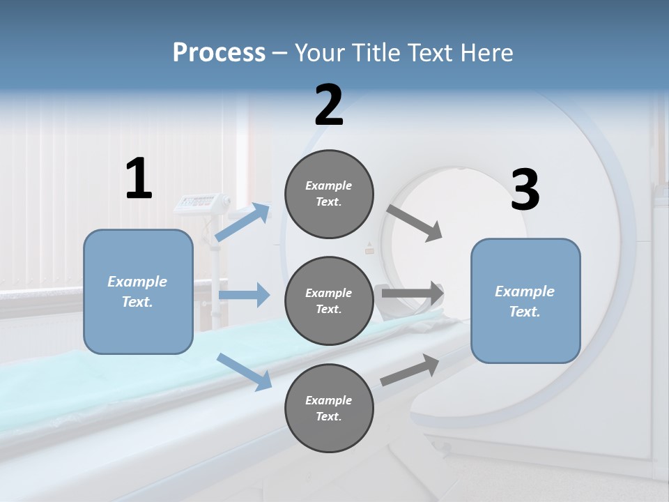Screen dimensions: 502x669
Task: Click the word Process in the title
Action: pyautogui.click(x=219, y=53)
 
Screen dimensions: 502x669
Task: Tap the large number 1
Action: pyautogui.click(x=139, y=178)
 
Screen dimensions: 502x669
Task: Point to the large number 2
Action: pyautogui.click(x=329, y=105)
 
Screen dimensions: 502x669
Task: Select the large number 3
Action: pyautogui.click(x=525, y=190)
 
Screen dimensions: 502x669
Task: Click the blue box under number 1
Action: pyautogui.click(x=138, y=291)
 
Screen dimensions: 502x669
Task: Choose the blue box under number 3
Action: pyautogui.click(x=525, y=301)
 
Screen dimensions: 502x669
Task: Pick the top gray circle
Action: pyautogui.click(x=329, y=194)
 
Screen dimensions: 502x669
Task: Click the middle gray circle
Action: pyautogui.click(x=329, y=301)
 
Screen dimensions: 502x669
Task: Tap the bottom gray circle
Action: pyautogui.click(x=329, y=409)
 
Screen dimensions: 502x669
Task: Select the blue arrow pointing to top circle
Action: pyautogui.click(x=243, y=222)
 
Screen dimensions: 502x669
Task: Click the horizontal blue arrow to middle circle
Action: pyautogui.click(x=244, y=295)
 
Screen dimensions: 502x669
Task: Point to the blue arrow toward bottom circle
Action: pyautogui.click(x=244, y=371)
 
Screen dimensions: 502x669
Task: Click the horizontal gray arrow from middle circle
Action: pyautogui.click(x=413, y=294)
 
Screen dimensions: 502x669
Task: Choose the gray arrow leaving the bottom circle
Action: pyautogui.click(x=410, y=370)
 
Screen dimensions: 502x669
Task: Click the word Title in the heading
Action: pyautogui.click(x=376, y=53)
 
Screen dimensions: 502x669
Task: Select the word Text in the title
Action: pyautogui.click(x=433, y=53)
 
